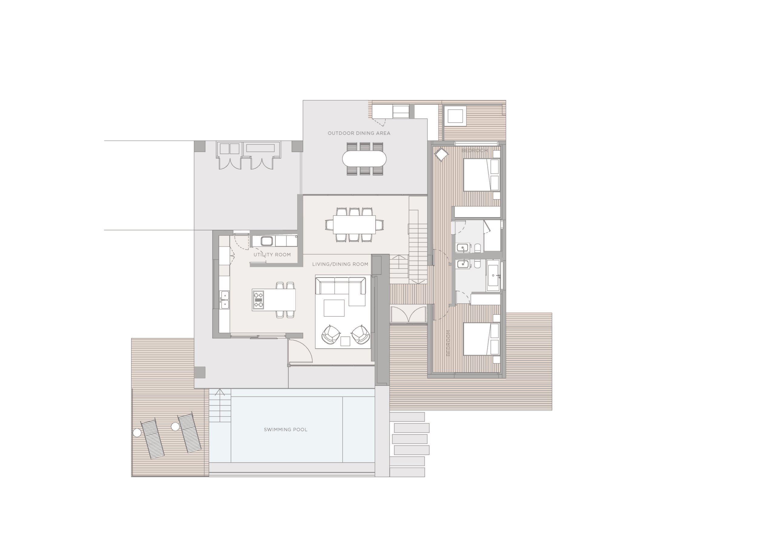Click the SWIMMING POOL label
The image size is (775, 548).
(x=285, y=430)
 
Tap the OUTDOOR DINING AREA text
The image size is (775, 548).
(x=359, y=133)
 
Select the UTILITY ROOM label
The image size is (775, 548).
(x=272, y=255)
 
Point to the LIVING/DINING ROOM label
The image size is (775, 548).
(x=340, y=264)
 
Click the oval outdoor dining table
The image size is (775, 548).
(x=364, y=159)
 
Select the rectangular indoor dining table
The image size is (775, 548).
(x=354, y=225)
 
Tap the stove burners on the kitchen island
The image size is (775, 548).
(x=258, y=299)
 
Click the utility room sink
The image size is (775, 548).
(x=267, y=241)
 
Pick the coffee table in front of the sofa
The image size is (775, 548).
(x=334, y=308)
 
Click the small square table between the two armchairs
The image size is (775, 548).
(x=345, y=341)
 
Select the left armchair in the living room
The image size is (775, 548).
(x=331, y=335)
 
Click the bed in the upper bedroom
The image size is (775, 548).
(x=481, y=175)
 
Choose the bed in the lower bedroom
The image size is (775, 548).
(x=481, y=339)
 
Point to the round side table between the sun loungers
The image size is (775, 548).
(x=175, y=427)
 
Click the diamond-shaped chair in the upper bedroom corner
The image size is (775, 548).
(x=441, y=155)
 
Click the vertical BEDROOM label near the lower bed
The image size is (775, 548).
(x=448, y=343)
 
